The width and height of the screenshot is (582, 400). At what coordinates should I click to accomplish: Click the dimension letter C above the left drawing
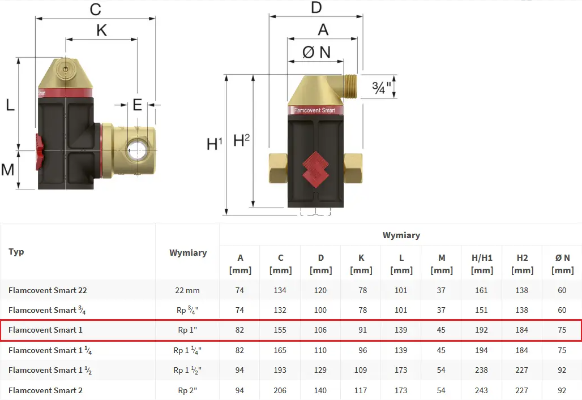click(95, 9)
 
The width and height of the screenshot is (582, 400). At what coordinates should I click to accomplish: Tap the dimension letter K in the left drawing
click(101, 30)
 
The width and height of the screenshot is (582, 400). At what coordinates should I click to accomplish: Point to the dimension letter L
click(10, 104)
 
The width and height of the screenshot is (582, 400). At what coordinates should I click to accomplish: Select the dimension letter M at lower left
click(7, 169)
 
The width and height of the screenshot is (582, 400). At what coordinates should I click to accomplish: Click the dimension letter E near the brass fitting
click(138, 105)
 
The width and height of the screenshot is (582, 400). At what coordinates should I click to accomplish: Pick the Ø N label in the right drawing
click(316, 52)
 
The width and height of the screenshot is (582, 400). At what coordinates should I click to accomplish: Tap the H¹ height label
click(214, 144)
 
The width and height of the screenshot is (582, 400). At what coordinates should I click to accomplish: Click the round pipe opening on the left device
click(138, 151)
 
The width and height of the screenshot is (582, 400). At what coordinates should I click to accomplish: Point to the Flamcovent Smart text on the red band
click(315, 111)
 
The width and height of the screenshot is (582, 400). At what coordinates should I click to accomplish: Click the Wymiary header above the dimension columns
click(401, 235)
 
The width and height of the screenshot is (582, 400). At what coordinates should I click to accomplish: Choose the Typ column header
click(16, 252)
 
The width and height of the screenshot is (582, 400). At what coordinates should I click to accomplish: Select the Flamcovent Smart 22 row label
click(48, 290)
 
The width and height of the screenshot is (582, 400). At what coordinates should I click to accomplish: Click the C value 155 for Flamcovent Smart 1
click(280, 330)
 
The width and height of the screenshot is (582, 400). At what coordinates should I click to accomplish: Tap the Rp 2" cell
click(187, 390)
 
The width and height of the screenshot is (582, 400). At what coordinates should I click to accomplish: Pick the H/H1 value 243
click(482, 390)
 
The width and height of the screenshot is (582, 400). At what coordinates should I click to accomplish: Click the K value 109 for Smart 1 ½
click(361, 370)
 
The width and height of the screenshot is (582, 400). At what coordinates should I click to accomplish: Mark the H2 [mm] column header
click(522, 264)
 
